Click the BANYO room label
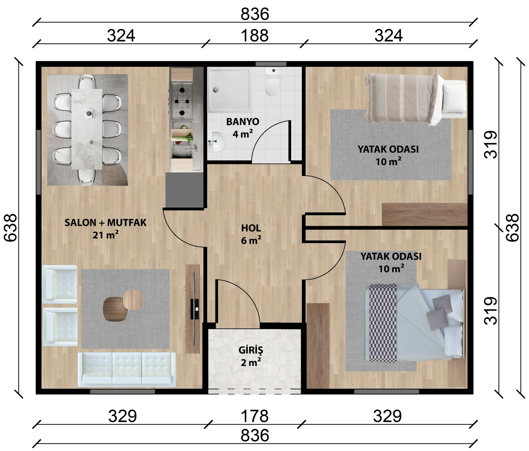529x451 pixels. pyautogui.click(x=242, y=122)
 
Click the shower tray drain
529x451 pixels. pyautogui.click(x=215, y=89)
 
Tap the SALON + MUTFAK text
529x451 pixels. pyautogui.click(x=106, y=222)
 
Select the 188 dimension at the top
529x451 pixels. pyautogui.click(x=255, y=36)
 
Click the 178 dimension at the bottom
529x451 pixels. pyautogui.click(x=255, y=416)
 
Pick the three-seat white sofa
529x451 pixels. pyautogui.click(x=127, y=369)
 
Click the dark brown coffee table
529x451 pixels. pyautogui.click(x=115, y=309)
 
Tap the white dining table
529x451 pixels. pyautogui.click(x=87, y=129)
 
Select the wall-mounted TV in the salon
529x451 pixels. pyautogui.click(x=194, y=309)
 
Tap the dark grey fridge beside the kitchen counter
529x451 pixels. pyautogui.click(x=185, y=190)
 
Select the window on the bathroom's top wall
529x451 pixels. pyautogui.click(x=271, y=64)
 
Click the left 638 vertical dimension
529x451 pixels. pyautogui.click(x=10, y=228)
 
